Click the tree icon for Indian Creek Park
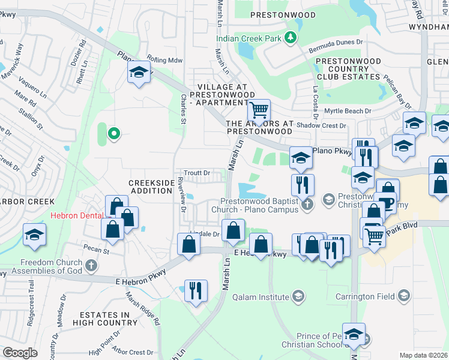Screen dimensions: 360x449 tap(291, 38)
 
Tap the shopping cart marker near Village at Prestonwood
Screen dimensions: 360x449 tap(259, 110)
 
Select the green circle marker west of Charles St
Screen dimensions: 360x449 tap(112, 134)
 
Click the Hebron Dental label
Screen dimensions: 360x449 tap(77, 215)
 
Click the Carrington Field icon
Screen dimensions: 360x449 tap(405, 296)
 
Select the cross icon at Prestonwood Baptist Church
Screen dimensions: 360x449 tap(307, 205)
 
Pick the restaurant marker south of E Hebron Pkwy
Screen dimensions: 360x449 tap(196, 290)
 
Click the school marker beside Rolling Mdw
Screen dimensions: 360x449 tap(139, 73)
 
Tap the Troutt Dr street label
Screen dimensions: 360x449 tap(196, 173)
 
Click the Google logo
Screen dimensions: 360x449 tap(20, 352)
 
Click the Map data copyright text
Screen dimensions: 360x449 tap(423, 355)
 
